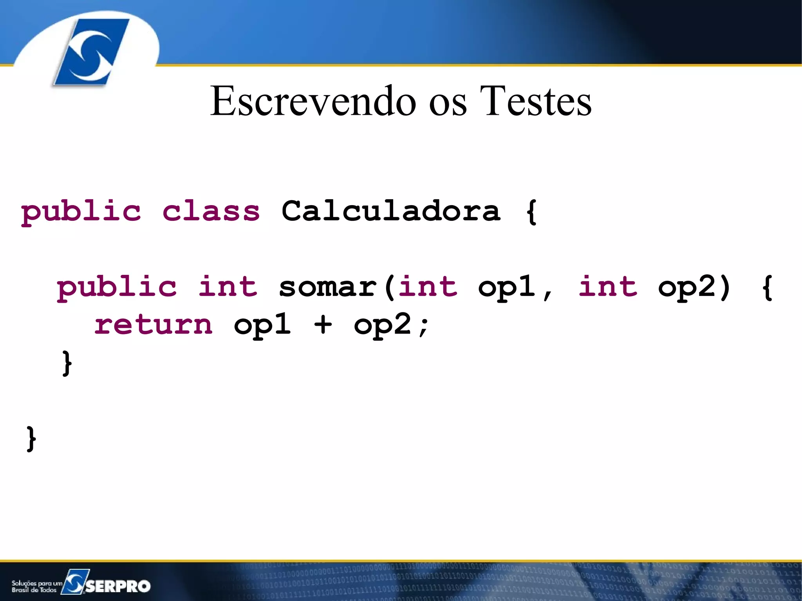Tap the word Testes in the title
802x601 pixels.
(x=535, y=101)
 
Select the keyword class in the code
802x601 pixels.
(x=211, y=211)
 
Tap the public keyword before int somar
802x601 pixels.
(x=117, y=287)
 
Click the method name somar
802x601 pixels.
(x=328, y=287)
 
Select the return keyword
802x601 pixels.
(x=154, y=325)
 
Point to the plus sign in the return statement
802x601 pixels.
(x=323, y=325)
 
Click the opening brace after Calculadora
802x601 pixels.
(x=531, y=212)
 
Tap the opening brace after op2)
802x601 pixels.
(x=768, y=287)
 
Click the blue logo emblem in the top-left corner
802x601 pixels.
(x=91, y=52)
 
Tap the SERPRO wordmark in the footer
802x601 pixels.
(x=117, y=586)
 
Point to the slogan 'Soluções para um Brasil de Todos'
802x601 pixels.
(x=36, y=586)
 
